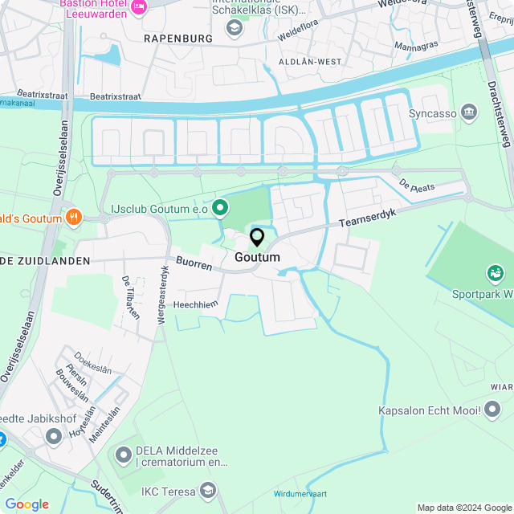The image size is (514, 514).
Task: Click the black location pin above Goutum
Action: [x=257, y=238]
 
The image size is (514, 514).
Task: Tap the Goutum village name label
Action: [x=258, y=258]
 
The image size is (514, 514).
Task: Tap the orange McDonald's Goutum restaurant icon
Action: [x=74, y=216]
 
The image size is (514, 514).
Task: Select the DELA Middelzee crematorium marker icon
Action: [x=124, y=455]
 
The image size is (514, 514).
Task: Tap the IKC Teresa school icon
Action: [x=209, y=490]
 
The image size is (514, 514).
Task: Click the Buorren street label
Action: [x=194, y=263]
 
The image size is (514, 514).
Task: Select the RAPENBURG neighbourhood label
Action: [x=177, y=38]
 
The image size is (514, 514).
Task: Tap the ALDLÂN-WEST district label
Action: [x=309, y=62]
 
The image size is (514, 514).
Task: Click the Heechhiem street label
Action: [x=196, y=304]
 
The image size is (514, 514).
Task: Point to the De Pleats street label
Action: [x=417, y=186]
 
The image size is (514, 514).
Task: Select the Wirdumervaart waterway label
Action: [x=301, y=494]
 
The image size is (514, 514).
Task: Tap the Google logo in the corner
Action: [x=27, y=504]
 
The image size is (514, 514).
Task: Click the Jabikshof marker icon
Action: [x=54, y=436]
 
